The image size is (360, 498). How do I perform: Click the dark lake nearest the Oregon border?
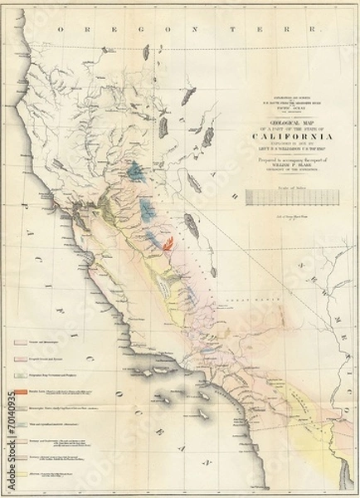[146, 52]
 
